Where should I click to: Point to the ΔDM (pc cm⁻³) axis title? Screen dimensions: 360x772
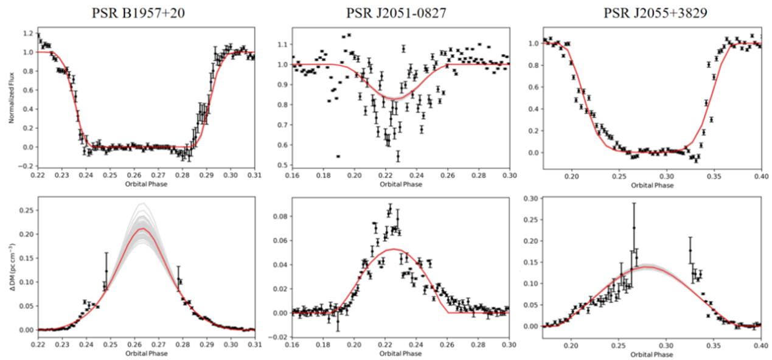click(12, 266)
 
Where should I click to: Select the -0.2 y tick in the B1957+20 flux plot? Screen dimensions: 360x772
click(27, 166)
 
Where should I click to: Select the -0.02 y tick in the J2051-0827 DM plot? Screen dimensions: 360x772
click(279, 337)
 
